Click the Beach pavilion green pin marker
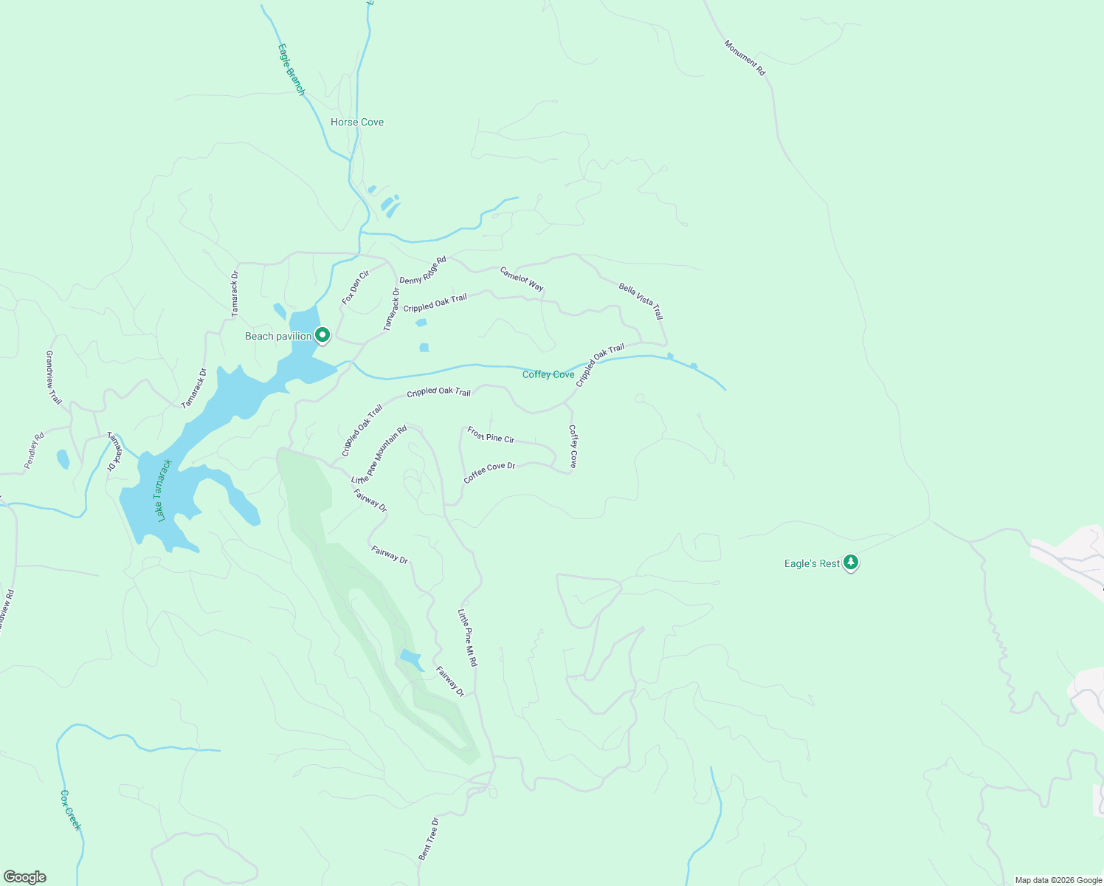[322, 335]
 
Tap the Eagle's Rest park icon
[851, 563]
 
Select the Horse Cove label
[357, 122]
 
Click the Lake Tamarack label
[165, 490]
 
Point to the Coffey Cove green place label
[548, 374]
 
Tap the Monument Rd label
[745, 58]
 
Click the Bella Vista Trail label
[641, 301]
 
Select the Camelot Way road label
[522, 279]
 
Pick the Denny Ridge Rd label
[423, 270]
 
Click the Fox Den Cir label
[355, 287]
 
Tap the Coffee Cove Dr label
[489, 473]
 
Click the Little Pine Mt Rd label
[467, 638]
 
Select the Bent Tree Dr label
[429, 838]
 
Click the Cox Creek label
[70, 810]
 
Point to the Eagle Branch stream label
[291, 69]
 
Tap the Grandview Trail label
[54, 377]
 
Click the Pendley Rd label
[34, 450]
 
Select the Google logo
[25, 877]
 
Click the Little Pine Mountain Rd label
[379, 455]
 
